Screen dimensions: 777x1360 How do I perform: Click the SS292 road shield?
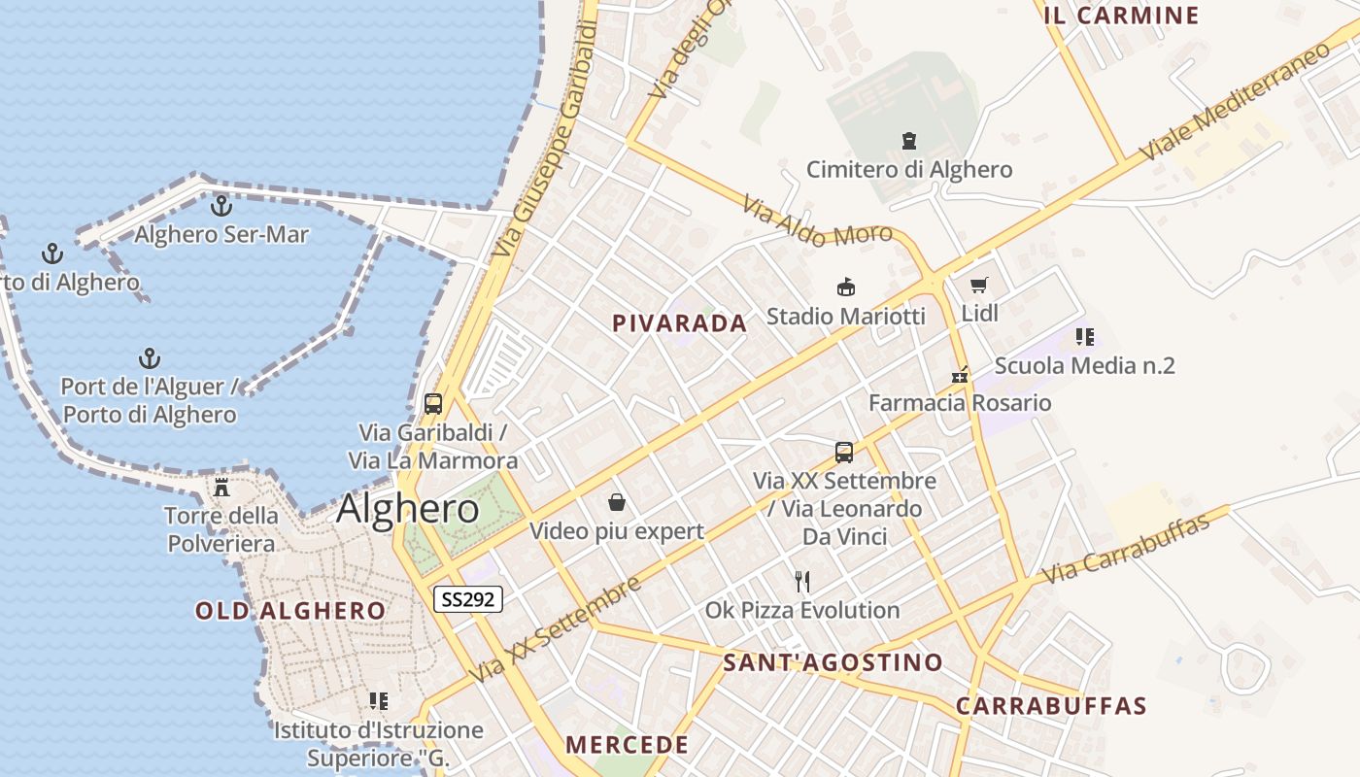467,599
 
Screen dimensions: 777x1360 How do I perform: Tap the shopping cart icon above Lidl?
979,286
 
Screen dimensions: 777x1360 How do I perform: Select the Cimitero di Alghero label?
909,169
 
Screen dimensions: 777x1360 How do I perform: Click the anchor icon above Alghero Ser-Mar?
221,206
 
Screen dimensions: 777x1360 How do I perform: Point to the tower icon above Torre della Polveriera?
221,487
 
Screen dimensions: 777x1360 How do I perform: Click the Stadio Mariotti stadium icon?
846,287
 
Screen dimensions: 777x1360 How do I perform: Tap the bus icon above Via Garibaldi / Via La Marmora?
433,404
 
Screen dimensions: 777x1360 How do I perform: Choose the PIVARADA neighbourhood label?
680,323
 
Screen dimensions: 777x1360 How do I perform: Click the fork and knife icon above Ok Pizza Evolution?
802,582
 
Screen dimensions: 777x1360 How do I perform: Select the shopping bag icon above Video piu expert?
616,502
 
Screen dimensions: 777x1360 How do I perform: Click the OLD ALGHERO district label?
290,611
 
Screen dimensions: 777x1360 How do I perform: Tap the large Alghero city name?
408,509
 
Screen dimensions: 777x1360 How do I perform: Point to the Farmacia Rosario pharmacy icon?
960,375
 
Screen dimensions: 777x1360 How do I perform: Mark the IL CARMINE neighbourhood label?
1121,16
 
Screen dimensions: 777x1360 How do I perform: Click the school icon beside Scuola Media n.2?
1085,337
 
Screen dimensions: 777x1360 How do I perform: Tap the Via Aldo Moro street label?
817,220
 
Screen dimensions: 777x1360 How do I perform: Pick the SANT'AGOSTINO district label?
833,663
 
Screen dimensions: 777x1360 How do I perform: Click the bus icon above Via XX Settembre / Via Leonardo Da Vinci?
844,452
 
